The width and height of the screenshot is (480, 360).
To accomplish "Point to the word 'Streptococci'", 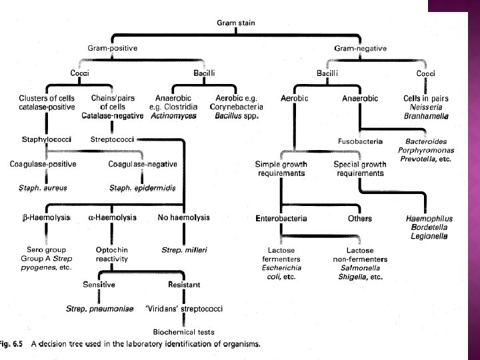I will pyautogui.click(x=113, y=139).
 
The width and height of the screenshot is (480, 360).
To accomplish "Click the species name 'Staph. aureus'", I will pyautogui.click(x=43, y=189).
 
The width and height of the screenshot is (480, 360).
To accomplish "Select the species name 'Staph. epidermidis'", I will pyautogui.click(x=142, y=189).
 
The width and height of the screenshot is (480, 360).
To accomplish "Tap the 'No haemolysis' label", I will pyautogui.click(x=183, y=217).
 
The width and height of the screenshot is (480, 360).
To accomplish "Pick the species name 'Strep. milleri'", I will pyautogui.click(x=185, y=250).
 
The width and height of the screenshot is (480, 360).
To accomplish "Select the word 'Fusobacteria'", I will pyautogui.click(x=359, y=141).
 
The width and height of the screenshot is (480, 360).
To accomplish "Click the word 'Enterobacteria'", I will pyautogui.click(x=280, y=218).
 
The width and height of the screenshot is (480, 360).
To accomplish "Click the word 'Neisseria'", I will pyautogui.click(x=431, y=107).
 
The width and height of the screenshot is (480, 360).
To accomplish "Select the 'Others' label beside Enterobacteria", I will pyautogui.click(x=359, y=218).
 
